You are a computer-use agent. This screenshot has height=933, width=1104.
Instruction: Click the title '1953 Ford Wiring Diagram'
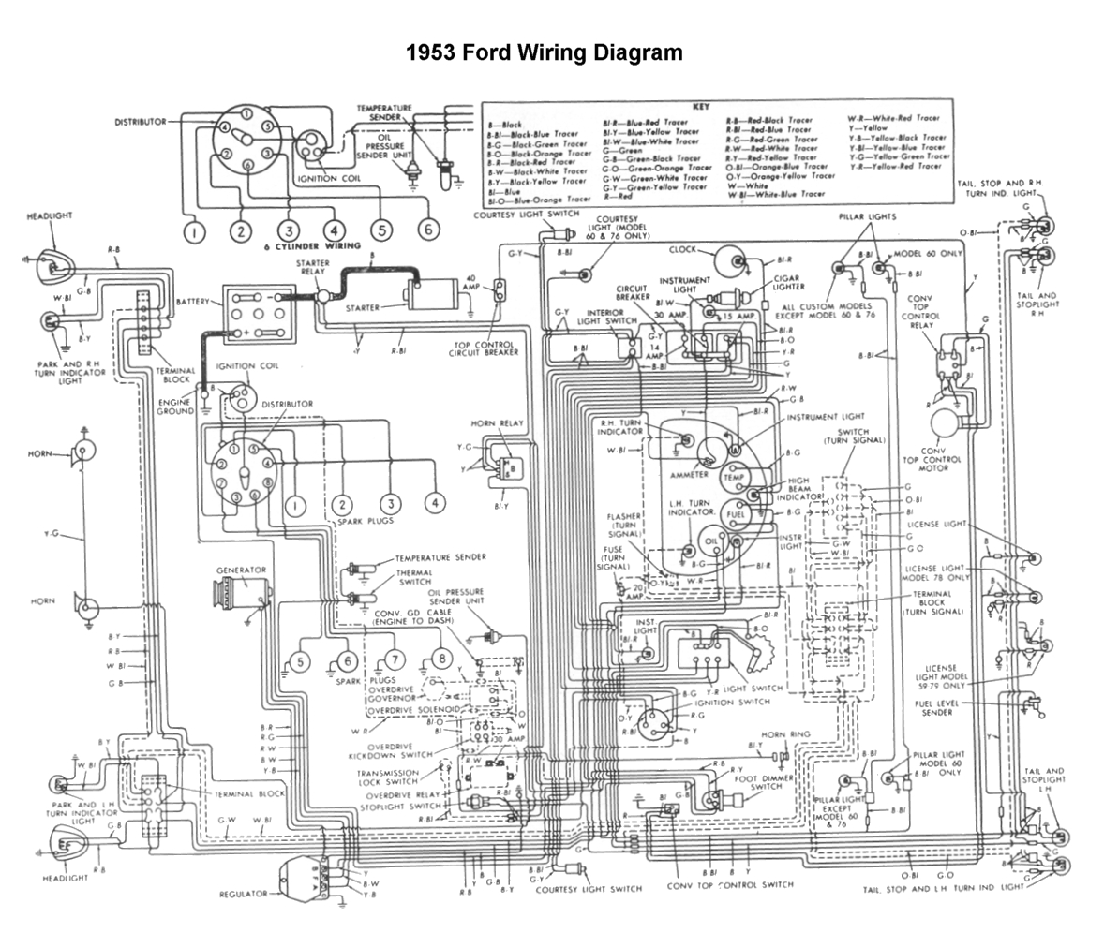tap(545, 52)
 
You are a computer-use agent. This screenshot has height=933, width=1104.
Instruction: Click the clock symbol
tap(731, 260)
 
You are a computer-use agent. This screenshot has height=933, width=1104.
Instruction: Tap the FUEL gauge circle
tap(736, 515)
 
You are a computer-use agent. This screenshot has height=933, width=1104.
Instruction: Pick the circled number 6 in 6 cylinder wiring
tap(427, 230)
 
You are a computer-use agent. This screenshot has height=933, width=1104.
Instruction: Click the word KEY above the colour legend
tap(701, 108)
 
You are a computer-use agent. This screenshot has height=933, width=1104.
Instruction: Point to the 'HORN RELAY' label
tap(498, 423)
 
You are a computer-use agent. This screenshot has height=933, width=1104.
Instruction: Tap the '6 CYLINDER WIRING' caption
tap(324, 246)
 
